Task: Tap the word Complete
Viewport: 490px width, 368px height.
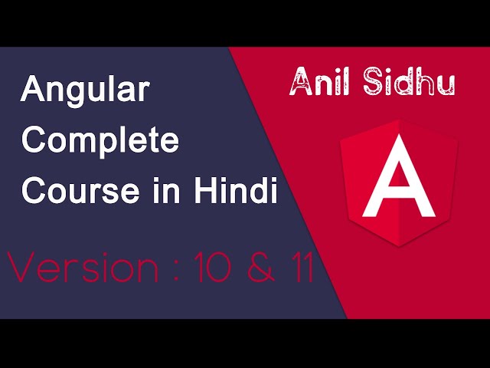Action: click(x=100, y=143)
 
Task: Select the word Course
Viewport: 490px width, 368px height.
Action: click(x=70, y=191)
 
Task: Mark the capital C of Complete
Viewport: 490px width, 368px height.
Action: click(x=35, y=143)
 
